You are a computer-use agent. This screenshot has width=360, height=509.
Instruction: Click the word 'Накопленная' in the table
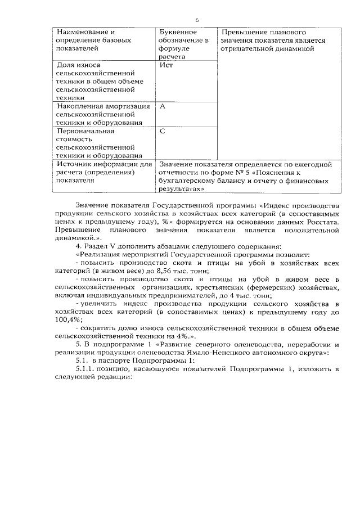pyautogui.click(x=79, y=106)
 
